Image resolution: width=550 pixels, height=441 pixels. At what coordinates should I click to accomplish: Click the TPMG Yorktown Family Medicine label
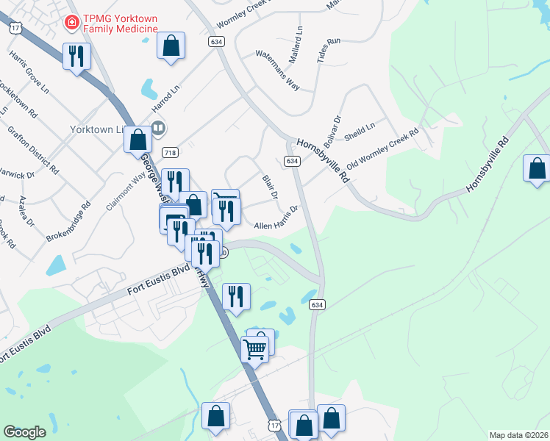118,23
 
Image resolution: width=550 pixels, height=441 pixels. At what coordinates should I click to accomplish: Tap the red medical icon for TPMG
71,22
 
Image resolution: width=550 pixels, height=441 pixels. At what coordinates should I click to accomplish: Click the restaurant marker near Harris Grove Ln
76,56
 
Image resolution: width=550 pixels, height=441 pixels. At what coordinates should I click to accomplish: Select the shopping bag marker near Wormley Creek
171,46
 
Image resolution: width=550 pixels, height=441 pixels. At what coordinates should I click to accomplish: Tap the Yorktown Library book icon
157,128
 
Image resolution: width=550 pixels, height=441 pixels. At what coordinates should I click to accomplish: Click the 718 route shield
170,152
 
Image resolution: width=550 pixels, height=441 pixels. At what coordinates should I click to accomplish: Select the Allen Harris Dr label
276,218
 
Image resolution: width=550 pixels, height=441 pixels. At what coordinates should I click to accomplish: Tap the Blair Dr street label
270,186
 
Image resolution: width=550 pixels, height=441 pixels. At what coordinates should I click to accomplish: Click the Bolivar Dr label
332,129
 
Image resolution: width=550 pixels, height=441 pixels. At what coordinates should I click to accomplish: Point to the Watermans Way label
277,70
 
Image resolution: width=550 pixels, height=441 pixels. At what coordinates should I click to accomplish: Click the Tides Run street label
328,52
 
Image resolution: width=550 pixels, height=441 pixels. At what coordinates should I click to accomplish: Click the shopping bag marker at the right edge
537,168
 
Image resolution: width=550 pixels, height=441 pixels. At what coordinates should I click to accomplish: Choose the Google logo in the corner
24,431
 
